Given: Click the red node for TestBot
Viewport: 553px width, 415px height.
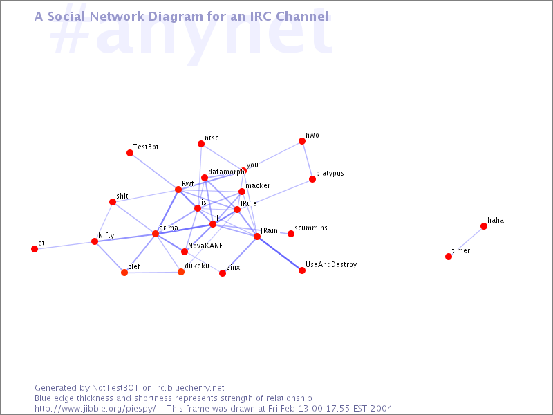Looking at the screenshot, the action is [x=130, y=153].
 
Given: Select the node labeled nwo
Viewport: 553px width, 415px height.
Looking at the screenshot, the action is [x=302, y=141].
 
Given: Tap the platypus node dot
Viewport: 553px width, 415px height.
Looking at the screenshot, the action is [x=312, y=179].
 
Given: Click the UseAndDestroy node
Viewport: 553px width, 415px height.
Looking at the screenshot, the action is [x=302, y=270].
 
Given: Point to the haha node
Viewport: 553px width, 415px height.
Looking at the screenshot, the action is [x=484, y=226].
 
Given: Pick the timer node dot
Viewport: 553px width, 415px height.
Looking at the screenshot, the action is [x=449, y=257].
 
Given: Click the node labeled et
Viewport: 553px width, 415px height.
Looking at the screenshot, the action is [x=35, y=249].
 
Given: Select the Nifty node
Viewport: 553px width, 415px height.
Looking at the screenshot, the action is [x=95, y=241].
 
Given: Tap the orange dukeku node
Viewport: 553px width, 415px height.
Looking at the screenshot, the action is [x=181, y=272].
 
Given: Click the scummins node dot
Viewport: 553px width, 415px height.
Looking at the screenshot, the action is [x=291, y=234].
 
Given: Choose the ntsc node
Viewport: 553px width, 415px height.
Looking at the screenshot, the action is [x=201, y=144].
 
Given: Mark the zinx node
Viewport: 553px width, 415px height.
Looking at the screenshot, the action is [x=223, y=273].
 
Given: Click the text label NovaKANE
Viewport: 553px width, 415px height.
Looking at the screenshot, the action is [x=205, y=246].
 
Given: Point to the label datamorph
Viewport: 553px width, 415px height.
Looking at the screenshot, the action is [x=226, y=172].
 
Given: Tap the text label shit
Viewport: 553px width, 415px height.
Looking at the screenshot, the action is [x=122, y=196].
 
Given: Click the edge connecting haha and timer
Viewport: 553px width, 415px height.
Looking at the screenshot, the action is [x=466, y=241].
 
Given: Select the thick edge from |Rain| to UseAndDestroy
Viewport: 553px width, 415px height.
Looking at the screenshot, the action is [x=279, y=253].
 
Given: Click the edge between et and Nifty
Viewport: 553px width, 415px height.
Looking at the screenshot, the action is [x=64, y=246].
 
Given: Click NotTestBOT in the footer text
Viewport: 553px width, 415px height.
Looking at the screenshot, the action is [x=115, y=388].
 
